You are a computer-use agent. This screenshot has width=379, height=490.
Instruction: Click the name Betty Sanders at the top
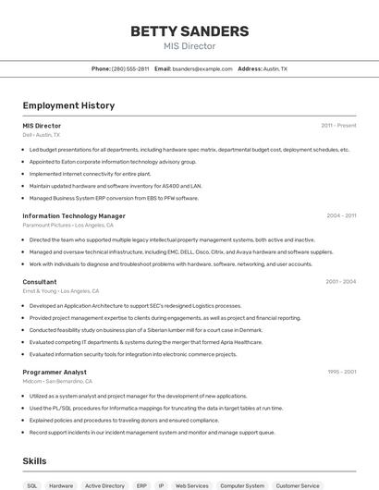[x=189, y=31]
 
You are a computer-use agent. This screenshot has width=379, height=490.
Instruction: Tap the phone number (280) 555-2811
[x=129, y=68]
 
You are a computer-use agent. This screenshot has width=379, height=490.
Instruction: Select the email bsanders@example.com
[x=202, y=68]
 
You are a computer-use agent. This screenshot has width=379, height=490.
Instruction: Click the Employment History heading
[x=68, y=105]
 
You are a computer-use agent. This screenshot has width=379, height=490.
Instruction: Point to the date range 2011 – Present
[x=338, y=125]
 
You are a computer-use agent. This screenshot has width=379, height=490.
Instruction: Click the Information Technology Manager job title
[x=74, y=215]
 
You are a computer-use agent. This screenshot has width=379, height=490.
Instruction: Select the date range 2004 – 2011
[x=341, y=215]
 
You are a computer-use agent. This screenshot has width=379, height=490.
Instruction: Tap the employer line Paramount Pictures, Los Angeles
[x=67, y=225]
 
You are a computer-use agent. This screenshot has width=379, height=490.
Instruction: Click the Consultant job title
[x=40, y=282]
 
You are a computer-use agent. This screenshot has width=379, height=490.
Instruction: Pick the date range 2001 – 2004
[x=340, y=282]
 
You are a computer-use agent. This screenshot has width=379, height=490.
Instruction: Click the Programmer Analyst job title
[x=55, y=372]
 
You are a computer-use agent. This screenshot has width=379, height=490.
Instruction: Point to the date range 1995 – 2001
[x=341, y=372]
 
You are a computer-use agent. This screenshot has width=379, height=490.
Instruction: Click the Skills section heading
[x=35, y=460]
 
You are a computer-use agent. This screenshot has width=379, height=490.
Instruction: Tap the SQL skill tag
[x=32, y=485]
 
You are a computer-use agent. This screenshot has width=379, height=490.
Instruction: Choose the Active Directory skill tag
[x=104, y=485]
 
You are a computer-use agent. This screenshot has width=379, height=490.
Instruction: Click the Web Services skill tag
[x=192, y=485]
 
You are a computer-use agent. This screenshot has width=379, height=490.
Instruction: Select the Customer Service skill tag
[x=298, y=485]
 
